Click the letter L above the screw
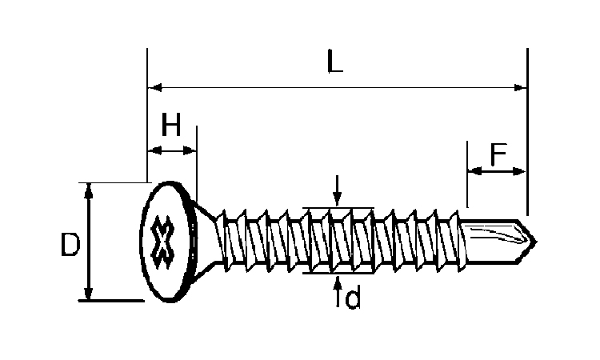pos(335,61)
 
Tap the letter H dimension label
pos(171,124)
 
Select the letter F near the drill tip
pos(498,154)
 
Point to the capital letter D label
pos(70,245)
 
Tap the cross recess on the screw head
pos(162,242)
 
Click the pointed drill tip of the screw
pos(535,242)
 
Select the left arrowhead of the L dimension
pos(155,88)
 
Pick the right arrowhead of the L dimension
pos(520,88)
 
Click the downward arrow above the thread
pos(337,190)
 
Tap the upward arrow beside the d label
pos(338,291)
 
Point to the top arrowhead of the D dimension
pos(88,190)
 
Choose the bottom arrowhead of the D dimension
pos(88,293)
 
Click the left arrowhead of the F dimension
pos(475,171)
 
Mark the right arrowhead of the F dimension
pos(519,171)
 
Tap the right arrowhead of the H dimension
pos(190,150)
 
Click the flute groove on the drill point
pos(498,235)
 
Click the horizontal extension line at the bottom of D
pos(111,301)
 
